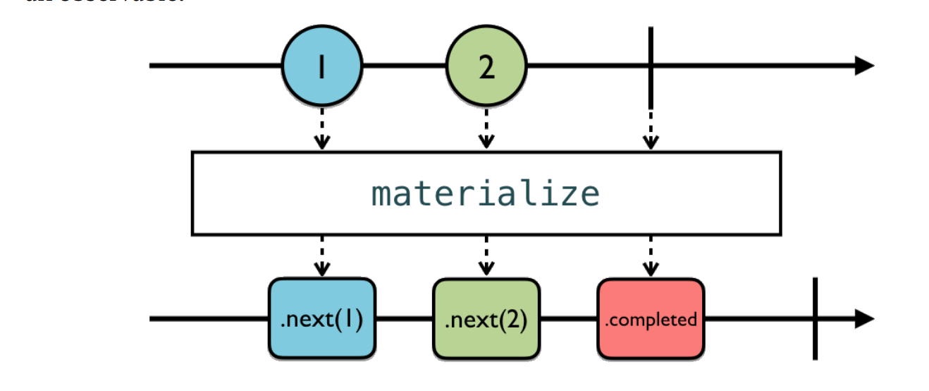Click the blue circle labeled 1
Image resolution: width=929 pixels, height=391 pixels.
point(321,66)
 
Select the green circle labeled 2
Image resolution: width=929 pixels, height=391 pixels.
point(486,66)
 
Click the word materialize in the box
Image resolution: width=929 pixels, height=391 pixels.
point(486,193)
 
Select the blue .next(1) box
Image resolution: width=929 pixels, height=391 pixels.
point(321,318)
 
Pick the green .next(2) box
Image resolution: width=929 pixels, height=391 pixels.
point(486,318)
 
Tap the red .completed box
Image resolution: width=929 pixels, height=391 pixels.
point(651,318)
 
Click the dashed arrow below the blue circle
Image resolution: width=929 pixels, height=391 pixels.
point(321,128)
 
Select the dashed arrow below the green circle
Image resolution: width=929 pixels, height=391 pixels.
point(486,128)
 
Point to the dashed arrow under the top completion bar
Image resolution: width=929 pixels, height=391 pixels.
point(651,128)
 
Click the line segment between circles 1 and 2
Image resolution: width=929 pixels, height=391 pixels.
point(404,66)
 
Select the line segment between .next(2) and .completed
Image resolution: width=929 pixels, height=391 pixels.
point(569,318)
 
